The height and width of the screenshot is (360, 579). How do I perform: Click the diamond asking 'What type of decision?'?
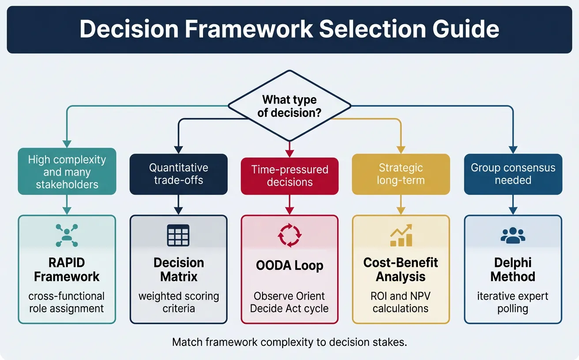(x=289, y=106)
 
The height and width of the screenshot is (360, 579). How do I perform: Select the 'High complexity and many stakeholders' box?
(x=67, y=172)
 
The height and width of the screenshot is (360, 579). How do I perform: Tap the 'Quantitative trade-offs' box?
(x=178, y=174)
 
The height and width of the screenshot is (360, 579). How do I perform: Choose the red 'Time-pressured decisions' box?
(x=289, y=176)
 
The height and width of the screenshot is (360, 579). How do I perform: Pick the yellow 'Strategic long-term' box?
(x=401, y=174)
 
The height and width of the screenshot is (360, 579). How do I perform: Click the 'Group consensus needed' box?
(x=513, y=174)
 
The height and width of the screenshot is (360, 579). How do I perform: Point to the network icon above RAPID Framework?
(x=67, y=235)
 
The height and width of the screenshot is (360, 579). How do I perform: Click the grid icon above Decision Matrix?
(x=178, y=235)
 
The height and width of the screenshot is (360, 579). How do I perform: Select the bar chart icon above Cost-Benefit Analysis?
(x=401, y=235)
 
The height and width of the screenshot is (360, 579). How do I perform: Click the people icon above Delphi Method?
(x=513, y=236)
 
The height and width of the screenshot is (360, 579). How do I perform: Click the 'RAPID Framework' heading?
(x=67, y=270)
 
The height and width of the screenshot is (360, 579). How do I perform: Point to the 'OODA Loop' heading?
(x=289, y=266)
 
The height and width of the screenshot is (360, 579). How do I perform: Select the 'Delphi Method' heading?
(x=513, y=270)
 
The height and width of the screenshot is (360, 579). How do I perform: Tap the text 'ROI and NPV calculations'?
(x=401, y=302)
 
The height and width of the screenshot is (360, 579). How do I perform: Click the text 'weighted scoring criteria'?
(x=178, y=302)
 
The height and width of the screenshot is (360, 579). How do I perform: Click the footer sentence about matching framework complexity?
(x=289, y=342)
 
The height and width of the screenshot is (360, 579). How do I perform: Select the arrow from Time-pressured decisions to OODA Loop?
(x=289, y=205)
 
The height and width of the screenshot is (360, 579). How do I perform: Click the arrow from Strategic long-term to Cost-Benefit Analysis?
(x=401, y=205)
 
